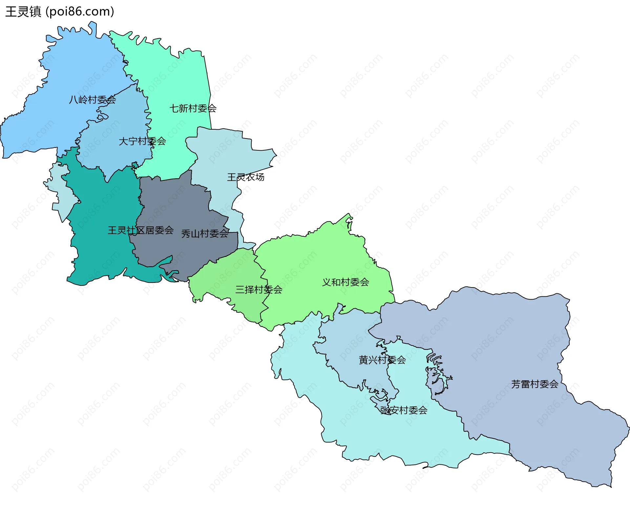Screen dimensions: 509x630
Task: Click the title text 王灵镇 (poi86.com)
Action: coord(60,11)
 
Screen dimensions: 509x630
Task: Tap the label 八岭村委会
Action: coord(92,99)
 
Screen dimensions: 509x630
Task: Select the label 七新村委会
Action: coord(193,108)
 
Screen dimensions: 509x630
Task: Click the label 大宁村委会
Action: coord(142,141)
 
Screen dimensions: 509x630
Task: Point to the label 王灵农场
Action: coord(245,177)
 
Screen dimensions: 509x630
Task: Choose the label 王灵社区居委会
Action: coord(140,230)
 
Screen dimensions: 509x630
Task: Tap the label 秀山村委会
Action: coord(205,234)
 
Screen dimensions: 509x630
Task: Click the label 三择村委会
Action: coord(259,289)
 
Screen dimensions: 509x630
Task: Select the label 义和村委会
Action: coord(346,282)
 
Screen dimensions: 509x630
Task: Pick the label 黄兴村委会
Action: coord(382,360)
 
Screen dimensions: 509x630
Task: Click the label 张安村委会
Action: coord(404,410)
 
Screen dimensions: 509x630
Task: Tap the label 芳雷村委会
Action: coord(535,384)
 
